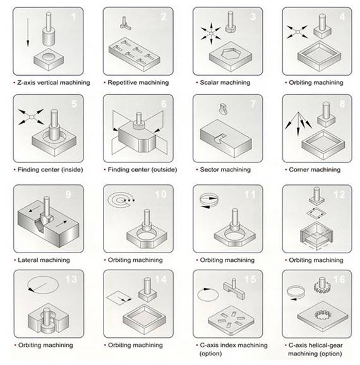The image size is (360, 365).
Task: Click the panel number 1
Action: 74,16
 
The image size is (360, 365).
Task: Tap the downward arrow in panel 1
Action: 28,32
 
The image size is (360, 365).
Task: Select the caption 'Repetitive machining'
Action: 138,82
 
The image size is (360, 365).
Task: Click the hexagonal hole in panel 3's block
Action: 231,54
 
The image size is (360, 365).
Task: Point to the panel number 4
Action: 342,16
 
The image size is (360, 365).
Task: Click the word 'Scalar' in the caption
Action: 209,82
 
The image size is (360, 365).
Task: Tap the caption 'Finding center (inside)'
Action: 51,169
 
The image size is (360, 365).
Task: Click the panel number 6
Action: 164,104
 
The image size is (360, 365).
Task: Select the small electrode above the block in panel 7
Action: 224,109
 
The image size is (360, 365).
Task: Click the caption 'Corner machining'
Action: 315,169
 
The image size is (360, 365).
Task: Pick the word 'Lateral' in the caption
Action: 27,260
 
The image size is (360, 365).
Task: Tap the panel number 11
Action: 250,194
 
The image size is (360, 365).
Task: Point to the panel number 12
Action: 339,194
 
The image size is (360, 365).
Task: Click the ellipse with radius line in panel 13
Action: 43,285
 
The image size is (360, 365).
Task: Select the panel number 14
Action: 160,279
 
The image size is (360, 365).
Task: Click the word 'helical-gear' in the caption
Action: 327,345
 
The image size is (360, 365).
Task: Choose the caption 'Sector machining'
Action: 225,169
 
